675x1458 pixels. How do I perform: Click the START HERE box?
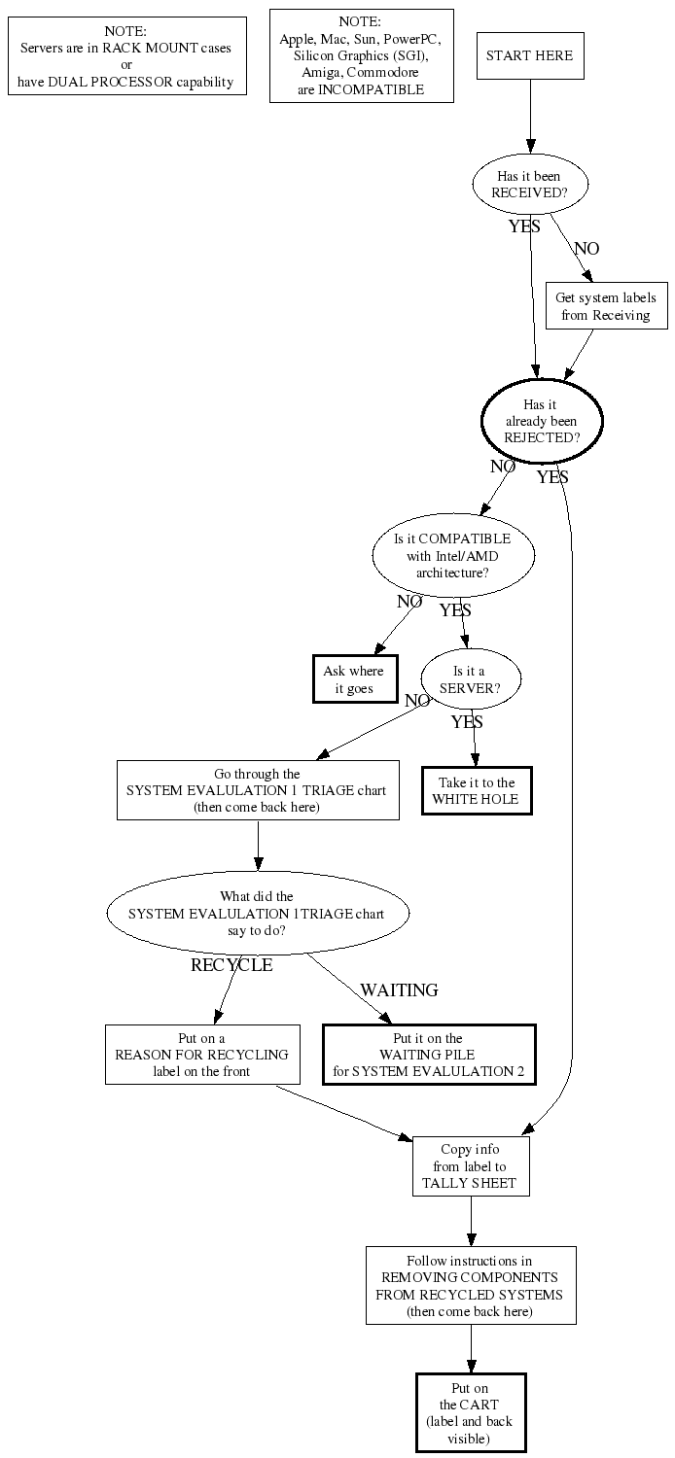pyautogui.click(x=530, y=55)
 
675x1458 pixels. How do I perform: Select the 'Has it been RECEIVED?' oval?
pyautogui.click(x=530, y=184)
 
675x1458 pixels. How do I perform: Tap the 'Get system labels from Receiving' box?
pyautogui.click(x=605, y=305)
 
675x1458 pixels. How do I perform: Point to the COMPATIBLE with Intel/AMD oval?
pyautogui.click(x=452, y=555)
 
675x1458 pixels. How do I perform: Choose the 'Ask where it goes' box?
pyautogui.click(x=353, y=679)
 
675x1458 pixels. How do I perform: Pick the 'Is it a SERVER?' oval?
pyautogui.click(x=470, y=678)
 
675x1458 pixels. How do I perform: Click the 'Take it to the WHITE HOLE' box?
pyautogui.click(x=477, y=790)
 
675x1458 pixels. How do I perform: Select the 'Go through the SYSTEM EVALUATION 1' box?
pyautogui.click(x=258, y=790)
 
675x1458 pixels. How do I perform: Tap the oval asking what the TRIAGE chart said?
pyautogui.click(x=258, y=914)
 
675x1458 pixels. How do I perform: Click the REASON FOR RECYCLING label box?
pyautogui.click(x=201, y=1055)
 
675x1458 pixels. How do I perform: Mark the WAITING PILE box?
pyautogui.click(x=428, y=1055)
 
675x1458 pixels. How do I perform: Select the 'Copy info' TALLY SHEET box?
pyautogui.click(x=470, y=1166)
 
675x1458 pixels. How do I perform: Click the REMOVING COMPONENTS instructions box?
pyautogui.click(x=470, y=1285)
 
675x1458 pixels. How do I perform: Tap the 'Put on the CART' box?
pyautogui.click(x=470, y=1412)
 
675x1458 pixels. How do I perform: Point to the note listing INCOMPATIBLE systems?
pyautogui.click(x=360, y=55)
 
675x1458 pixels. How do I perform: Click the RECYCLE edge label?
pyautogui.click(x=231, y=965)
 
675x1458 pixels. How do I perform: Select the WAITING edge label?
pyautogui.click(x=399, y=990)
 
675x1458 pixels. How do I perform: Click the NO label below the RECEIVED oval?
pyautogui.click(x=586, y=249)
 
